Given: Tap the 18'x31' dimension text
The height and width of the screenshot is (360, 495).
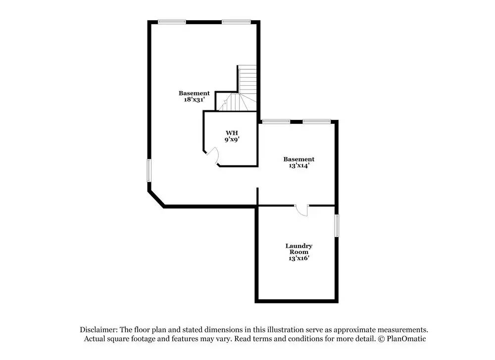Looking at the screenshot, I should pos(194,100).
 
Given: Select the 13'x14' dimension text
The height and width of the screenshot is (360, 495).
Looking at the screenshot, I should pos(298,166).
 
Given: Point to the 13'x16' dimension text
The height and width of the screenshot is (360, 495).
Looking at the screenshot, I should pos(298,258).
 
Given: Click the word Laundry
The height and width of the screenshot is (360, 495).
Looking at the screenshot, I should pos(298,246).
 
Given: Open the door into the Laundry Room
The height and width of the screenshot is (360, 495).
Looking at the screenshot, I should pos(301,210).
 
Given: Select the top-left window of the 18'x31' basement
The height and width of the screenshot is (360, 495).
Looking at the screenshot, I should pos(172,21).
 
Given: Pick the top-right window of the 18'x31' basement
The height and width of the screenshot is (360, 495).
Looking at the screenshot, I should pos(236,21).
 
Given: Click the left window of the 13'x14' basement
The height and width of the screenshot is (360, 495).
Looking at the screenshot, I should pos(276,121).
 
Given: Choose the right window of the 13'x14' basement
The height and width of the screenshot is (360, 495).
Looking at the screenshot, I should pos(317,121).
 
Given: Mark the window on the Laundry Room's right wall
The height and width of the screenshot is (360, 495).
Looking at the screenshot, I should pos(337,225).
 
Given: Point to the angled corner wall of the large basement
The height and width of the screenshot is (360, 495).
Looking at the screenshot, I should pos(156,198).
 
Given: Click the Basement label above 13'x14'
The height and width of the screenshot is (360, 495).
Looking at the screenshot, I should pos(298,159).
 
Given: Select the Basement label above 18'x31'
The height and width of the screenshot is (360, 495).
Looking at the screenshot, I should pos(194,93).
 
